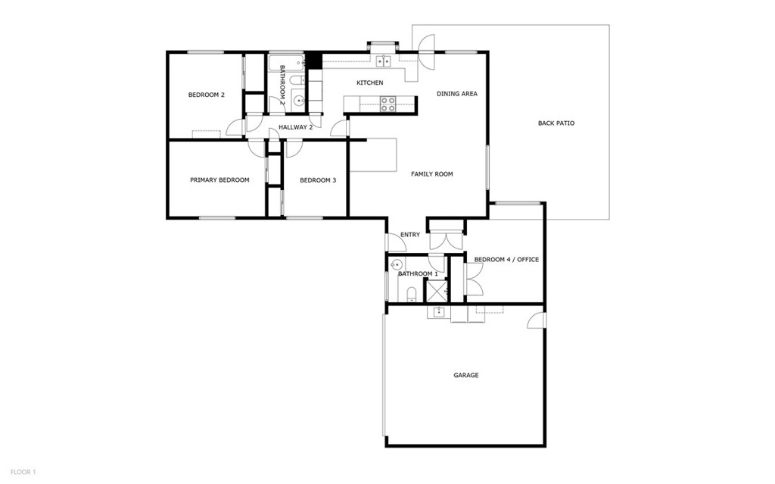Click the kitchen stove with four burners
click(388, 104)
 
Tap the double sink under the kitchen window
click(383, 62)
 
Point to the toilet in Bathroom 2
click(297, 80)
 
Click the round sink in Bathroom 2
click(299, 99)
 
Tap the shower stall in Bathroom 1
click(436, 291)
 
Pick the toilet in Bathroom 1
click(411, 294)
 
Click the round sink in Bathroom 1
click(396, 265)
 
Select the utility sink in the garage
click(437, 311)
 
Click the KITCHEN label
click(370, 83)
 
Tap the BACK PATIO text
click(556, 123)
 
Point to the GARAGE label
click(465, 375)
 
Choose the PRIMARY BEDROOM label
click(219, 180)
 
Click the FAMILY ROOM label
click(431, 174)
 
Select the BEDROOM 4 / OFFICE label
click(506, 260)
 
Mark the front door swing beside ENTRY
click(396, 242)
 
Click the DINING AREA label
click(457, 94)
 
